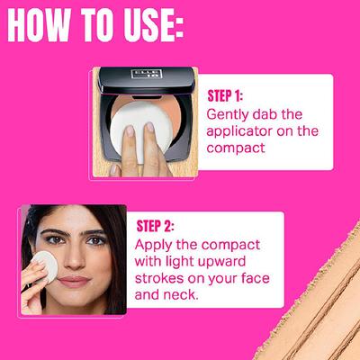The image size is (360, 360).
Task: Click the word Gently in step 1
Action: coord(230,114)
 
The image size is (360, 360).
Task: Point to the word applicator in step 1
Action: coord(238,131)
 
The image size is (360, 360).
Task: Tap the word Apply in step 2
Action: coord(154,245)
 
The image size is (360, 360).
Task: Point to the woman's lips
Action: coord(75,282)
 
